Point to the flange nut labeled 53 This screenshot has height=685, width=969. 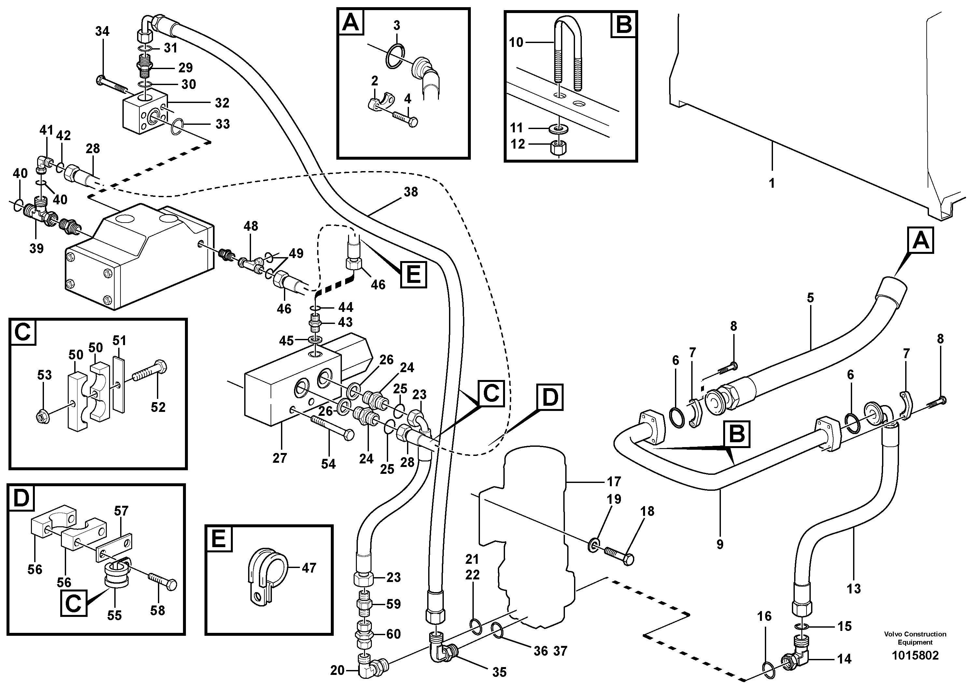coord(44,415)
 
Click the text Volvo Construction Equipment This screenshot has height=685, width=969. coord(915,638)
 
